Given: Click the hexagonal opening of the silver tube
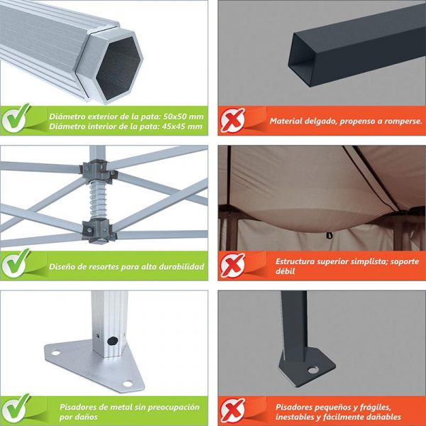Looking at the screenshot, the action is pos(118,68).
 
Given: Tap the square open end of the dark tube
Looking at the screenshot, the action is pos(302,60).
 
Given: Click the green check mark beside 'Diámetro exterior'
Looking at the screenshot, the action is pos(16,118).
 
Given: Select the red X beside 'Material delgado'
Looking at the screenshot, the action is pos(233,120).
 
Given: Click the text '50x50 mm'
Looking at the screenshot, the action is pos(183,116).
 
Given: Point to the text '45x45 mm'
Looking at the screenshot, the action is pos(182,126).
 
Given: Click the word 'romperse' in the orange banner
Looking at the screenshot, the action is pos(403,121).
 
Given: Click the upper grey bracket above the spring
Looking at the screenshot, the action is pos(98,171).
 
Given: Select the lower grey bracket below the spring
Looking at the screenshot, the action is pos(99,230).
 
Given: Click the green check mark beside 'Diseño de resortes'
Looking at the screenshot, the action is pos(16,263).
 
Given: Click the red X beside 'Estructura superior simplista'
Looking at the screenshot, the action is pos(233,265).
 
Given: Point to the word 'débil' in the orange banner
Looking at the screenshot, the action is pos(285,271).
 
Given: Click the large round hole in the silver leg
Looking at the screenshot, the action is pos(112,341).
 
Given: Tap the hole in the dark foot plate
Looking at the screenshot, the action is pos(313,370).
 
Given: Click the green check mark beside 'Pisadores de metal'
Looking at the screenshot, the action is pos(16,408).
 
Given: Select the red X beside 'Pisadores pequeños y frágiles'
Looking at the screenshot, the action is pos(233,410).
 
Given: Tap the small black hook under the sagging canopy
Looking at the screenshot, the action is pos(329,235).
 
